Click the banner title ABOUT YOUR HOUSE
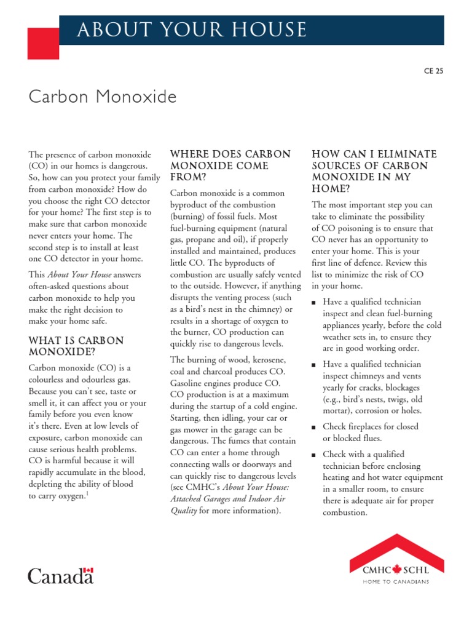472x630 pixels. click(x=191, y=30)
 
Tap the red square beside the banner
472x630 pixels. click(x=44, y=42)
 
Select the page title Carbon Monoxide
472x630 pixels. click(x=103, y=97)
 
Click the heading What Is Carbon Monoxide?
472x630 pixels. click(x=76, y=346)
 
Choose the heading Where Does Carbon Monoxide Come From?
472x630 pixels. click(x=230, y=165)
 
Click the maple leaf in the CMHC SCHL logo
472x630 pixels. click(x=396, y=570)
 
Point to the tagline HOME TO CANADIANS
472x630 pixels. click(x=396, y=581)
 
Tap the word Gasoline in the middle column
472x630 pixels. click(x=188, y=383)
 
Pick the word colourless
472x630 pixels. click(x=52, y=380)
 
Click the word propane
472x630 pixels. click(x=202, y=240)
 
